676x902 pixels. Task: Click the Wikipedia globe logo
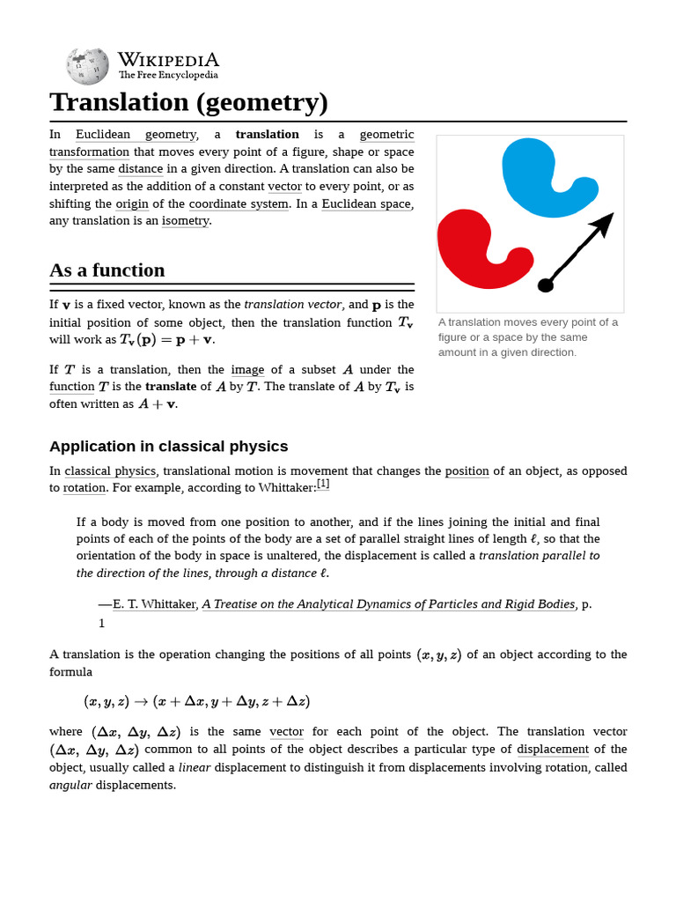(87, 66)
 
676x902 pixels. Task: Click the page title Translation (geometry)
(188, 102)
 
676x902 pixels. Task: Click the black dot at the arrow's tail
(546, 285)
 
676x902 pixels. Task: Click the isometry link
(185, 220)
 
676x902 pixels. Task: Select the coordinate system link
(239, 203)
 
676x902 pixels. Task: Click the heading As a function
(107, 270)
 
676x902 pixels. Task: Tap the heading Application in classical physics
(168, 447)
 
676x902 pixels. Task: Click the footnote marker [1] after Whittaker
(323, 484)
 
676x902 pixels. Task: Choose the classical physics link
(110, 471)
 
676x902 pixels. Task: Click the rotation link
(84, 488)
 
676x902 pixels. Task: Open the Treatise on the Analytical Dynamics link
(388, 604)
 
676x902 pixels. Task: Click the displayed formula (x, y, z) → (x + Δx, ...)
(197, 702)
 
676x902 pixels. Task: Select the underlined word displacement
(552, 750)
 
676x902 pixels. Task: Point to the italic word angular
(70, 785)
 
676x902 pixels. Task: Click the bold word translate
(171, 387)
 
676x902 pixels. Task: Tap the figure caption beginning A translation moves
(528, 337)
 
